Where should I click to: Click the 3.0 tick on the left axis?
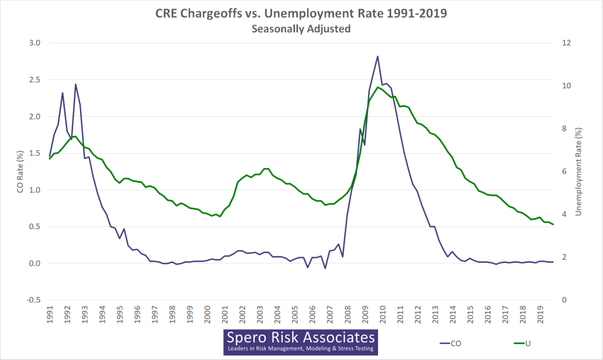click(x=34, y=43)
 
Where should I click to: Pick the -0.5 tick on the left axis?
click(x=33, y=300)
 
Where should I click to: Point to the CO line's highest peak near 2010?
click(x=377, y=57)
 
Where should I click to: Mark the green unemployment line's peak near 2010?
click(x=377, y=87)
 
